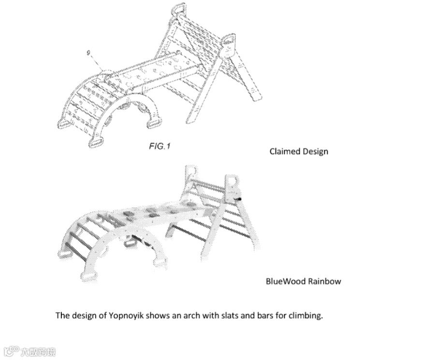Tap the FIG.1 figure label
tap(159, 146)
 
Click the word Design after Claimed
tap(315, 151)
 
